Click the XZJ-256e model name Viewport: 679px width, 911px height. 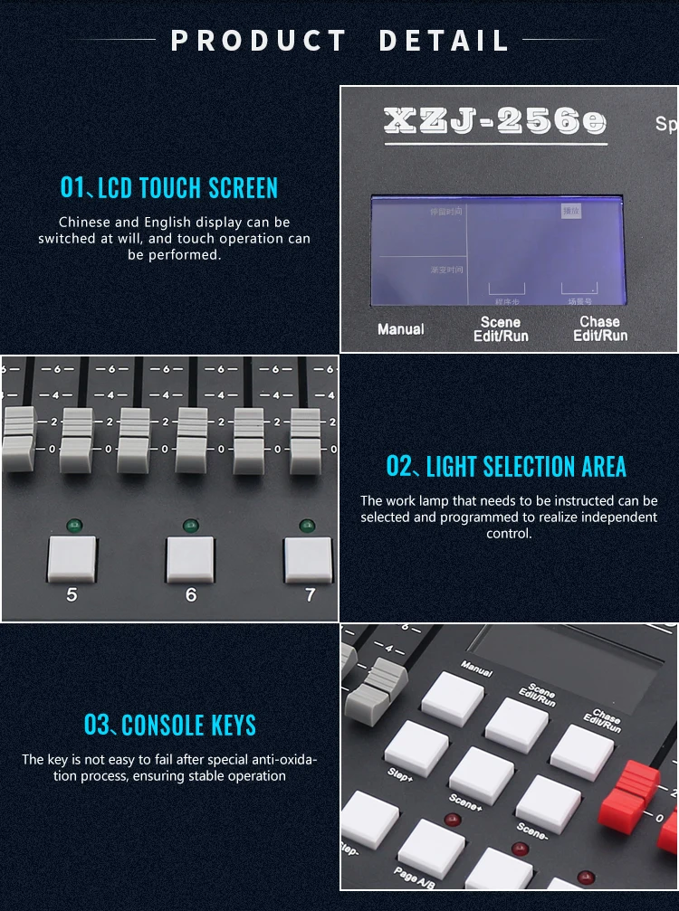pyautogui.click(x=494, y=122)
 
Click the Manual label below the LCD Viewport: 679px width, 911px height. pyautogui.click(x=400, y=329)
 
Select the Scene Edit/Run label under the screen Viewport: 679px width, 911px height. pyautogui.click(x=501, y=329)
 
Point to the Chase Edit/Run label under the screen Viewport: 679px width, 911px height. pyautogui.click(x=599, y=328)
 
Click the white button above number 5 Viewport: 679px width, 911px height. pyautogui.click(x=72, y=560)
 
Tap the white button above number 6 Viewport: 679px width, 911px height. pyautogui.click(x=190, y=560)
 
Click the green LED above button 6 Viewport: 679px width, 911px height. pyautogui.click(x=190, y=525)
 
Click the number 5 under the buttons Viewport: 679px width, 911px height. pyautogui.click(x=72, y=595)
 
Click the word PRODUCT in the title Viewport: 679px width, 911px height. pyautogui.click(x=259, y=41)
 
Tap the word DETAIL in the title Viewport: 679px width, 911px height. pyautogui.click(x=444, y=41)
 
